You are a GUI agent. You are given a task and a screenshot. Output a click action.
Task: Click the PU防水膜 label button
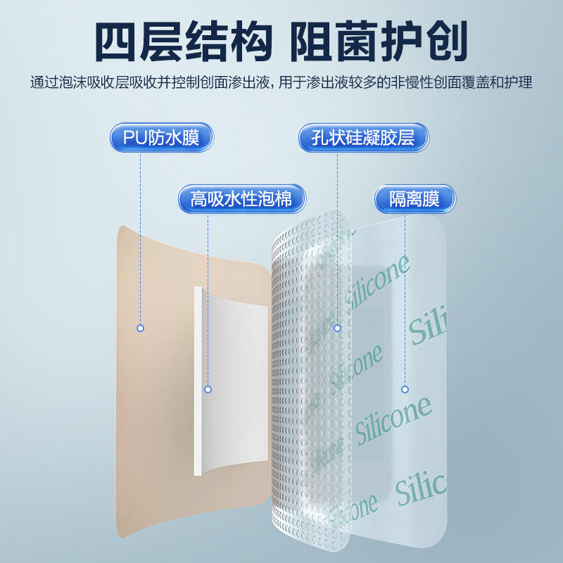[161, 137]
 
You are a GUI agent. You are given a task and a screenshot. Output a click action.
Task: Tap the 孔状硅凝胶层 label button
[363, 137]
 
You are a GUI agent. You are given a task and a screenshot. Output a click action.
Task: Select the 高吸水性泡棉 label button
[241, 199]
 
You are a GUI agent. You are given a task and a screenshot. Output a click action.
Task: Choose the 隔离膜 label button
[415, 199]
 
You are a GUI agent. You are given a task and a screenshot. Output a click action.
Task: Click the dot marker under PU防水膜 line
[140, 328]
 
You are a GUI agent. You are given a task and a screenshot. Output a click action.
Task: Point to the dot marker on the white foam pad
[208, 389]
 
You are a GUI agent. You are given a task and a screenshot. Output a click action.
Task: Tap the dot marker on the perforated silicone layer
[337, 328]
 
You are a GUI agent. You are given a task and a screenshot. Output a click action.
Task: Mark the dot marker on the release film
[405, 389]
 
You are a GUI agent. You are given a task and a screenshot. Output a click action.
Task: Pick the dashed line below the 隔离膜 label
[405, 296]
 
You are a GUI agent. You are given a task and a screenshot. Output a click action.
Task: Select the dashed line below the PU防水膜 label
[140, 232]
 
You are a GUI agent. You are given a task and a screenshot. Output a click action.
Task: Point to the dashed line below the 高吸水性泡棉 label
[208, 296]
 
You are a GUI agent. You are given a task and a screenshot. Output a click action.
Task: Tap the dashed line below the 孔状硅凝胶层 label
[337, 232]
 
